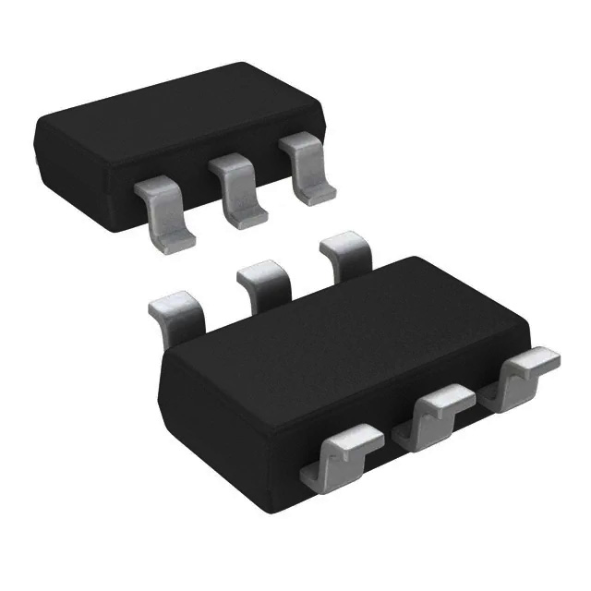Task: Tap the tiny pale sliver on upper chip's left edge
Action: coord(36,159)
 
